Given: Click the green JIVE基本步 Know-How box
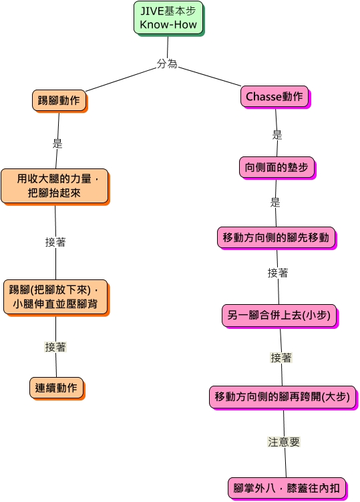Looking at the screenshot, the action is [168, 18].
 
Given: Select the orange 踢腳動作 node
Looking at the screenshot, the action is [59, 101].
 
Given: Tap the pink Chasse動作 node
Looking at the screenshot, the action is [275, 97].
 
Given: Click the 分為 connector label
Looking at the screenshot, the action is [167, 64].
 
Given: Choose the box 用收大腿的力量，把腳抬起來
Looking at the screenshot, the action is [55, 186].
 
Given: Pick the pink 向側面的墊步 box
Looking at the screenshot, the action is [277, 168].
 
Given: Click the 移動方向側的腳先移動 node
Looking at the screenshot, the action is [277, 238].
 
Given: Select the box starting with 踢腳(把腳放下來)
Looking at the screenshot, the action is [56, 297].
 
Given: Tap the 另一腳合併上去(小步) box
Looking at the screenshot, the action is [279, 316].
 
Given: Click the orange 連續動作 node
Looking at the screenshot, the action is [57, 388].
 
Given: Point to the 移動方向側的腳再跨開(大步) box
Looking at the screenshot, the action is [283, 397].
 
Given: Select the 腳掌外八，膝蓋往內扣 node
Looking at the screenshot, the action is [287, 489].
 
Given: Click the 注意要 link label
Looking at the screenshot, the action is [284, 442].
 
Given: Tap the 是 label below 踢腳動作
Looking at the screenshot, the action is [57, 143].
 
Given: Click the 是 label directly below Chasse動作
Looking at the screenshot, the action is [277, 135].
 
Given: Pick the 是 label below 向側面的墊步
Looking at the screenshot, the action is [275, 203].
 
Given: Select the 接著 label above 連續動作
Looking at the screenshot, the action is [55, 347].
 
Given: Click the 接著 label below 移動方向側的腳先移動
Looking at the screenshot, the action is [278, 273].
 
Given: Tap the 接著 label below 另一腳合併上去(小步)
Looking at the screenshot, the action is [281, 358].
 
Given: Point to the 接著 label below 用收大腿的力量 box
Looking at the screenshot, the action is [55, 242].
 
